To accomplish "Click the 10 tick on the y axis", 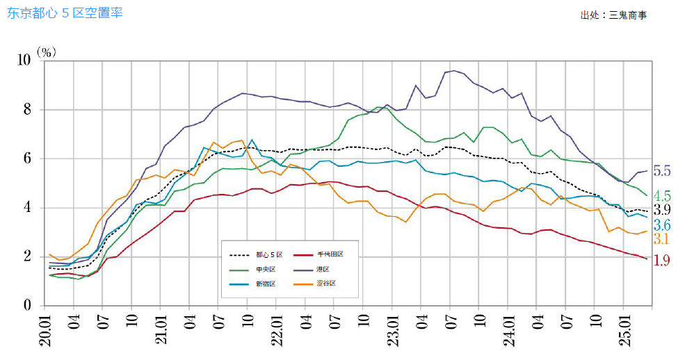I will click(x=24, y=60).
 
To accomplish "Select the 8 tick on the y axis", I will click(x=28, y=110).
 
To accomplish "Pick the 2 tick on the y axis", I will click(x=28, y=256).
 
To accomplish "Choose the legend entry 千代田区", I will click(x=330, y=254).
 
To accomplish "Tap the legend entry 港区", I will click(x=322, y=269).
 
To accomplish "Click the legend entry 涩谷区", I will click(x=325, y=284).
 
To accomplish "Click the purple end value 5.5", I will click(x=661, y=171).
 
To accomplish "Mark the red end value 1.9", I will click(x=661, y=260).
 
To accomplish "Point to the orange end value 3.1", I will click(x=661, y=240).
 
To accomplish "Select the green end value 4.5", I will click(x=661, y=195).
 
